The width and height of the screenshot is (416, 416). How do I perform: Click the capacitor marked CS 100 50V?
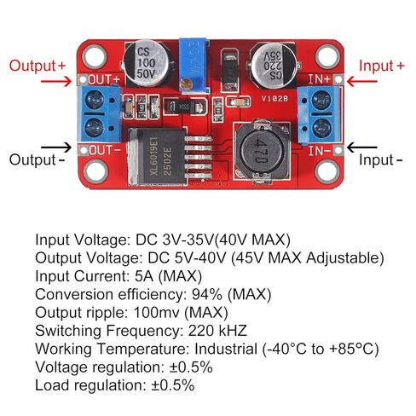point(146,63)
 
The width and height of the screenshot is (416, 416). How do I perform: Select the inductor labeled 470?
point(262,151)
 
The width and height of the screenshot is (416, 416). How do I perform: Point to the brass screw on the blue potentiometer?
point(186,84)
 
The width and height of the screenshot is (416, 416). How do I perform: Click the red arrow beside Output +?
point(56,82)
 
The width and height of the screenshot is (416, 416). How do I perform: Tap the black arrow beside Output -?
point(56,147)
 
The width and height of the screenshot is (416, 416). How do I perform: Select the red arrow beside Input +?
point(361,82)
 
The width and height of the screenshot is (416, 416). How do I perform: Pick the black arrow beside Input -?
point(361,147)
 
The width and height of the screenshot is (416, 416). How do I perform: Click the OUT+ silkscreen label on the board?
point(104,80)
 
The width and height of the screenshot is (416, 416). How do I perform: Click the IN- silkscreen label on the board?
point(320,151)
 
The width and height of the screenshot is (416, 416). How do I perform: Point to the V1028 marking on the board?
point(274,99)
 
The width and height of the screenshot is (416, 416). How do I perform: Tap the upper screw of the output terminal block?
point(95,100)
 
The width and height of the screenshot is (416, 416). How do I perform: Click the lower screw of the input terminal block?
point(321,127)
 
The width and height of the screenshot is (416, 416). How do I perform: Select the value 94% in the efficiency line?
point(207,294)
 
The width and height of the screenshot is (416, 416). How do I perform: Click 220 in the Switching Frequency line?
point(201,331)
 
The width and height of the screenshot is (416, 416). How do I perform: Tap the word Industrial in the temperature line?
point(226,349)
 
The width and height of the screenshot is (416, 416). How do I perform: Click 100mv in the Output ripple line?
point(156,312)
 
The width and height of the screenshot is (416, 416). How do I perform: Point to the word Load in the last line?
point(52,385)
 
